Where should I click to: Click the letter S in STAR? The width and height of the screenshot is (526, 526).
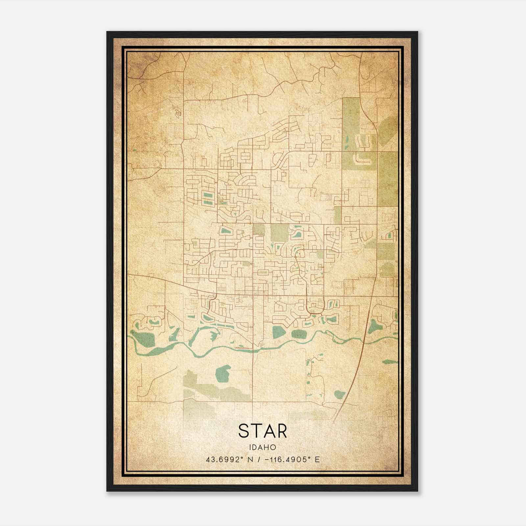point(245,431)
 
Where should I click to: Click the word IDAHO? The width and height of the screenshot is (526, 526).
point(262,447)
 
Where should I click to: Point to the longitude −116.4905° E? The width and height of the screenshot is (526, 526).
point(290,460)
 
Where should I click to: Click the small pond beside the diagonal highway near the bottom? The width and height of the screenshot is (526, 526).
point(340,394)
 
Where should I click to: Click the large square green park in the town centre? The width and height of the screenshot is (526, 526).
point(279,233)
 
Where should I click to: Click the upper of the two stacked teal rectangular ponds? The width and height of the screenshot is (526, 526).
point(207,195)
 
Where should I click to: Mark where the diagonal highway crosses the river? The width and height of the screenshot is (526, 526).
point(364,342)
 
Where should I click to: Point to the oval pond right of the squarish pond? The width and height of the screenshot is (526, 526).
point(299,334)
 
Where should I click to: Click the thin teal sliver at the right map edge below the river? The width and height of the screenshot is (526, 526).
point(390,362)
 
